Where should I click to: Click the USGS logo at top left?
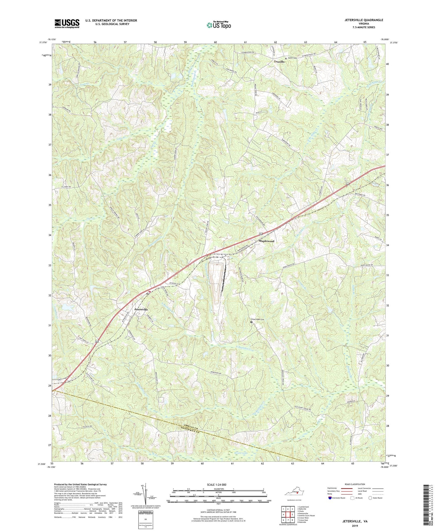pos(67,23)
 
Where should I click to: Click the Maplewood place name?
pos(266,241)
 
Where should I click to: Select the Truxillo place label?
pos(279,62)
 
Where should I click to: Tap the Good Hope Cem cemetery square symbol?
pos(251,322)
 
